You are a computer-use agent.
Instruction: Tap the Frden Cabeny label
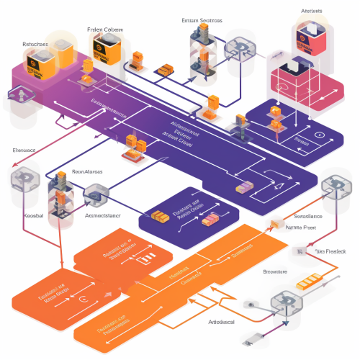point(105,29)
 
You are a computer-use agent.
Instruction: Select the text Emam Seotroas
point(202,21)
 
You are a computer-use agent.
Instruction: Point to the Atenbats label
point(312,12)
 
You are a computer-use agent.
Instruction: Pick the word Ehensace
point(24,150)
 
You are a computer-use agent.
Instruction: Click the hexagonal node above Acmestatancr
point(95,194)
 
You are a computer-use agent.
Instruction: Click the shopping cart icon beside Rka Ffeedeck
point(297,251)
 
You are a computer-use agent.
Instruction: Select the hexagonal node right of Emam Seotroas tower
point(238,49)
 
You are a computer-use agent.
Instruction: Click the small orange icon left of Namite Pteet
point(275,225)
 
